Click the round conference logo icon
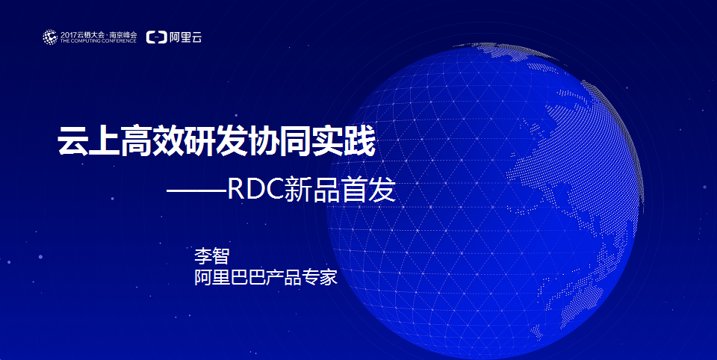[50, 37]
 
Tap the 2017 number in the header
[68, 35]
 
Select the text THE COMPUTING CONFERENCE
[99, 41]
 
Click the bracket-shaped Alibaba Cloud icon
[156, 37]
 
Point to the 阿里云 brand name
[186, 37]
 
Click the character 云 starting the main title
[73, 141]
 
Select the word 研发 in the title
[215, 141]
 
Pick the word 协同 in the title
[279, 141]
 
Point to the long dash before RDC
[196, 190]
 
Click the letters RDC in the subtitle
[255, 190]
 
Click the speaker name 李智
[211, 255]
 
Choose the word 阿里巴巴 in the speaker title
[229, 277]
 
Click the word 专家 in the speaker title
[320, 277]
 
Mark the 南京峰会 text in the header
[123, 35]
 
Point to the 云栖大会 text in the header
[90, 35]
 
